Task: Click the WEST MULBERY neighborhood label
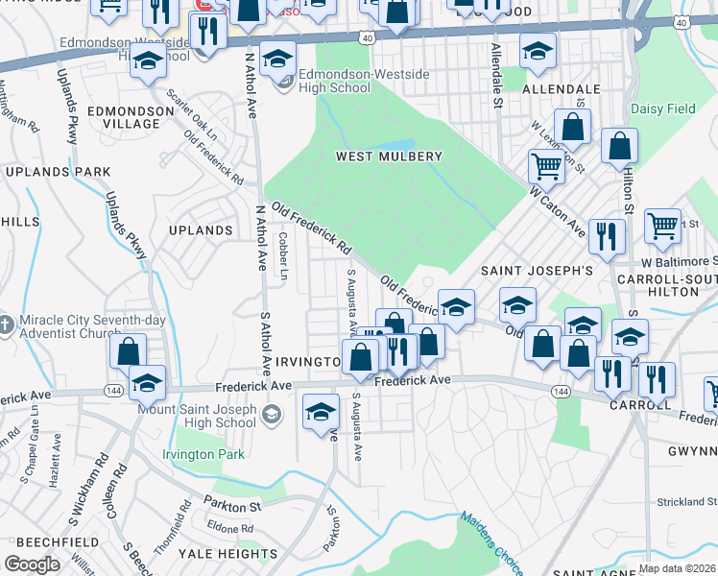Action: click(x=388, y=156)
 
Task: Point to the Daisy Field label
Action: click(x=663, y=109)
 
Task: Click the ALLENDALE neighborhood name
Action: click(x=562, y=89)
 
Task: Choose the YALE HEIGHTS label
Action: click(x=233, y=554)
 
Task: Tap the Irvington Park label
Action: click(x=203, y=454)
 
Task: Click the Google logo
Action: click(x=32, y=564)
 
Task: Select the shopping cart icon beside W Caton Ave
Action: click(x=546, y=166)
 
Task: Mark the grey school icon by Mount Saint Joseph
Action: click(x=272, y=414)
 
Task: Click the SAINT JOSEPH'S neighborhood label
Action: click(x=537, y=271)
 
